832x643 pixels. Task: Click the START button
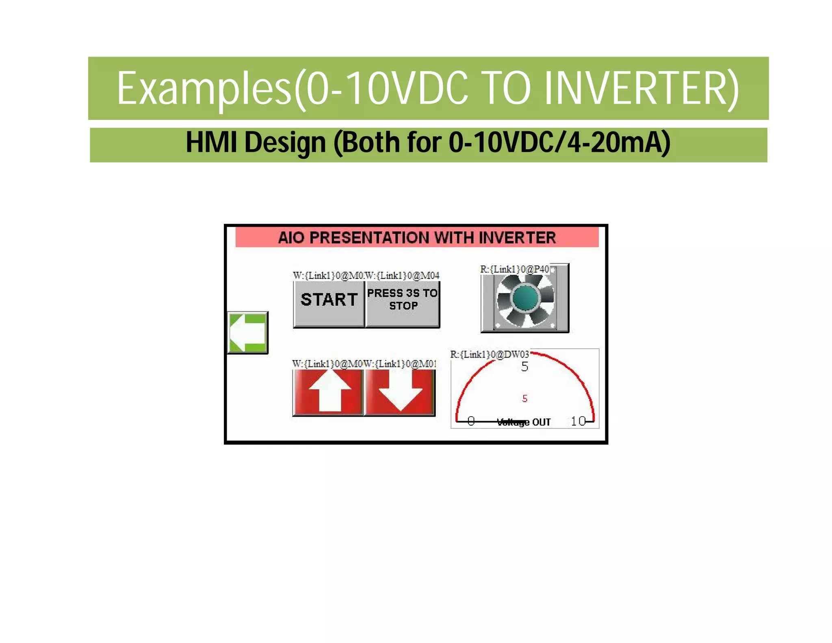click(x=329, y=303)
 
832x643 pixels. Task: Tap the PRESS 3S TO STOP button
click(x=402, y=303)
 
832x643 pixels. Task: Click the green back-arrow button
click(x=247, y=332)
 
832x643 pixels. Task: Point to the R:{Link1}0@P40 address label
click(x=514, y=269)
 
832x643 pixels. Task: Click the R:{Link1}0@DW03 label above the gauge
click(x=489, y=354)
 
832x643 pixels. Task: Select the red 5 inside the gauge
click(x=524, y=399)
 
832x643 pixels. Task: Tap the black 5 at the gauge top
click(x=524, y=367)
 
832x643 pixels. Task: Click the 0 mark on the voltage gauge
click(x=471, y=421)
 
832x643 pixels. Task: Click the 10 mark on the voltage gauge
click(x=578, y=421)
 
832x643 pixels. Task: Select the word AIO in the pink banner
click(x=291, y=238)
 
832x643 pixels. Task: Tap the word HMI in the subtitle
click(x=211, y=142)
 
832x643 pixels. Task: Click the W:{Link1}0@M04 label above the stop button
click(x=403, y=276)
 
